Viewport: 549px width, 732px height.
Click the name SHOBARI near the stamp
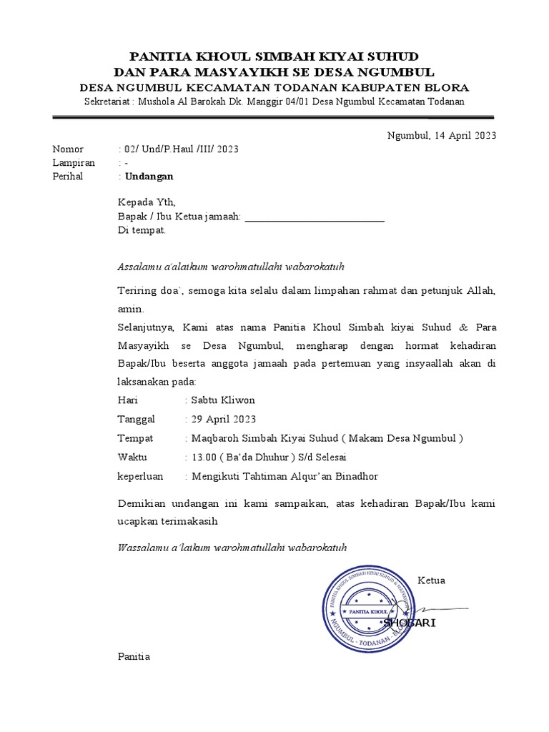(410, 623)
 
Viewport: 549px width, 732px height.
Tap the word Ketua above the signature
(431, 580)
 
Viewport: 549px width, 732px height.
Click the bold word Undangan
(149, 176)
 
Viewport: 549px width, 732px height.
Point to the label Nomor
(68, 149)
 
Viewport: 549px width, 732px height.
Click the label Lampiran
(74, 163)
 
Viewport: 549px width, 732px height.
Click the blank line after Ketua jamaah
(315, 219)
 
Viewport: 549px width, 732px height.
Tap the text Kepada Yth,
(146, 203)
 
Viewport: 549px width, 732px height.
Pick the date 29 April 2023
(222, 419)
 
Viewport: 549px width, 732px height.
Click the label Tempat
(135, 438)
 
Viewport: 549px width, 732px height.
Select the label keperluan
(140, 476)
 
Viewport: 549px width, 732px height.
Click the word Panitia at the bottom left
(134, 656)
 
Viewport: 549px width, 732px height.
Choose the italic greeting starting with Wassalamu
(232, 548)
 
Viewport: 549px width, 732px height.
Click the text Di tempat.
(142, 231)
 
